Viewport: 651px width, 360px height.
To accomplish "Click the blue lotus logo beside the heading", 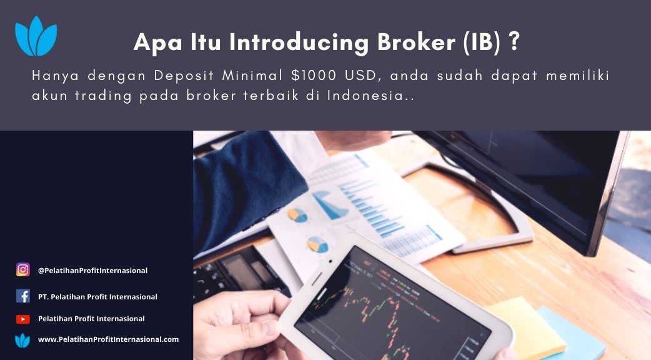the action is tap(36, 36).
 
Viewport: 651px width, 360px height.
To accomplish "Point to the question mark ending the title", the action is tap(514, 41).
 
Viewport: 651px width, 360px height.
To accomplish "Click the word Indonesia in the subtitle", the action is tap(365, 96).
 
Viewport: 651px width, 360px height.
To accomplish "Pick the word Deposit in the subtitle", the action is tap(184, 76).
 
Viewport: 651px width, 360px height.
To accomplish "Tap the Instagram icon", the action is tap(23, 270).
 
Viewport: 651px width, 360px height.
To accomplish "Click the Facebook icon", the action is tap(23, 296).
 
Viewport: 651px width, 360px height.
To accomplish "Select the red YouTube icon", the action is tap(23, 319).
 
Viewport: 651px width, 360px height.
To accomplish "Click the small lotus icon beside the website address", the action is tap(22, 340).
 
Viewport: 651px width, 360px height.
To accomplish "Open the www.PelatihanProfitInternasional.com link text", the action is tap(108, 339).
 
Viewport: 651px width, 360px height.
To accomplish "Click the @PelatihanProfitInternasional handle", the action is tap(92, 270).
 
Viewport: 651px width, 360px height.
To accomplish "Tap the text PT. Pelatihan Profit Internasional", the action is tap(97, 296).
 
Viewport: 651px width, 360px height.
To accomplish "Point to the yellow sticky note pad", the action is tap(527, 327).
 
